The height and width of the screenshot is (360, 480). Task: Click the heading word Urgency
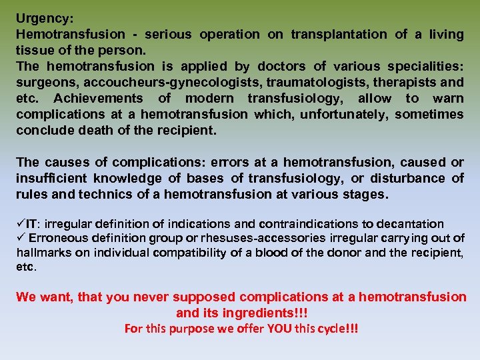(45, 18)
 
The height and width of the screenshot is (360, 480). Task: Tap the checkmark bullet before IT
(21, 223)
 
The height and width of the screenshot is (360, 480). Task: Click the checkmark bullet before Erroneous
(20, 238)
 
